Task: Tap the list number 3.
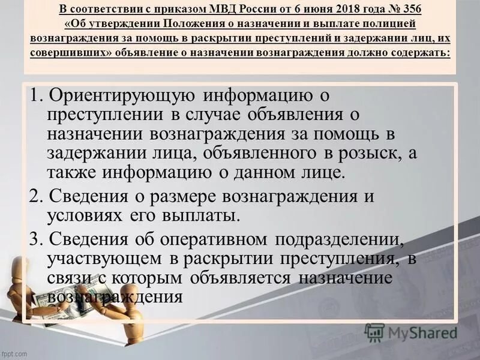pos(35,239)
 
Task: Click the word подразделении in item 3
pos(339,239)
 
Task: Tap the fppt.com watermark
pos(14,354)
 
